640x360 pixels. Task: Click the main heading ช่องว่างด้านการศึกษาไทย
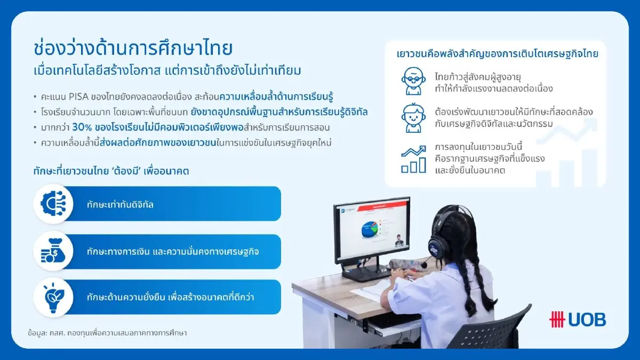click(133, 48)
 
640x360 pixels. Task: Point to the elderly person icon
click(413, 80)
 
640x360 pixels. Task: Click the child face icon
click(413, 118)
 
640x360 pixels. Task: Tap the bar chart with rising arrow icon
click(413, 159)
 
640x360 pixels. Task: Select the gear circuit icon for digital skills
click(53, 203)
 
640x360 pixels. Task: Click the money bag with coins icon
click(53, 251)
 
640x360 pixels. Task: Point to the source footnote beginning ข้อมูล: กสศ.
click(107, 332)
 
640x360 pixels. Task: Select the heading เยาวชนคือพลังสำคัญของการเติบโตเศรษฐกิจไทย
click(498, 54)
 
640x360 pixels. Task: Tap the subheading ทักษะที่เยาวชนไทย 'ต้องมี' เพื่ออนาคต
click(111, 171)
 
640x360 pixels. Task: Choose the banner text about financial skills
click(173, 251)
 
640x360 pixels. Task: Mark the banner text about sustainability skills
click(170, 297)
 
